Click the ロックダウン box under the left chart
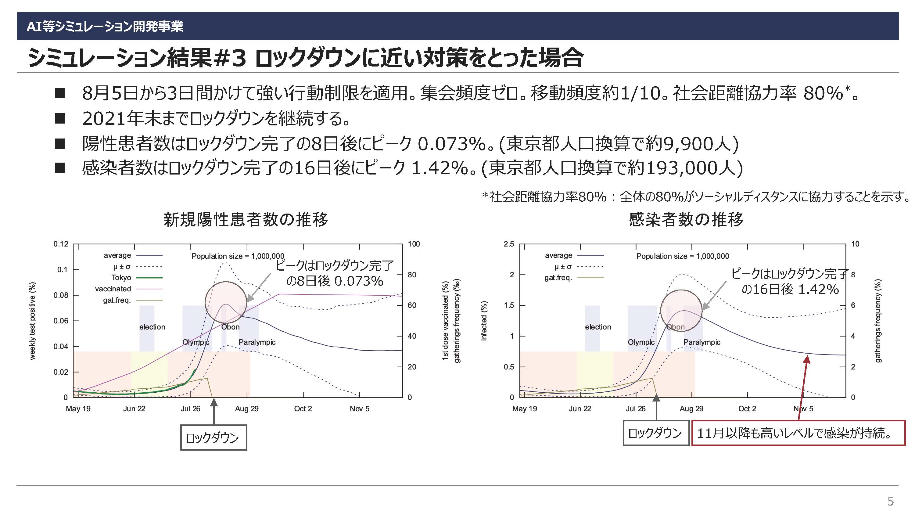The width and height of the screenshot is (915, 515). click(213, 438)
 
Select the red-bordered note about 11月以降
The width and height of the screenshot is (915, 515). click(798, 433)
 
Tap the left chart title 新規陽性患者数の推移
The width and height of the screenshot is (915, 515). click(246, 219)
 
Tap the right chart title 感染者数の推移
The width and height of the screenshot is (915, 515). click(686, 219)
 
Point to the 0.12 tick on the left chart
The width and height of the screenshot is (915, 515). click(61, 244)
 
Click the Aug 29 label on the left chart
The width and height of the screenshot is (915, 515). click(246, 409)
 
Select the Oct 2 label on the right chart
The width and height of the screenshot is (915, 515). click(747, 409)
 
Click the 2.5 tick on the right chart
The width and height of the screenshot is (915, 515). click(509, 244)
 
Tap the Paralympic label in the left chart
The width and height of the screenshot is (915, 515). click(257, 342)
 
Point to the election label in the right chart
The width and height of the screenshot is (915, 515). click(598, 327)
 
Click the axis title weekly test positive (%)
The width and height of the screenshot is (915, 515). click(32, 321)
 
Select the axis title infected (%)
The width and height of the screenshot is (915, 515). click(483, 321)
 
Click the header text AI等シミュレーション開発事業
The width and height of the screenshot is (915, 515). click(105, 26)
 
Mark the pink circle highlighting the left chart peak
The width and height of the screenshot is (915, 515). click(226, 282)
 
